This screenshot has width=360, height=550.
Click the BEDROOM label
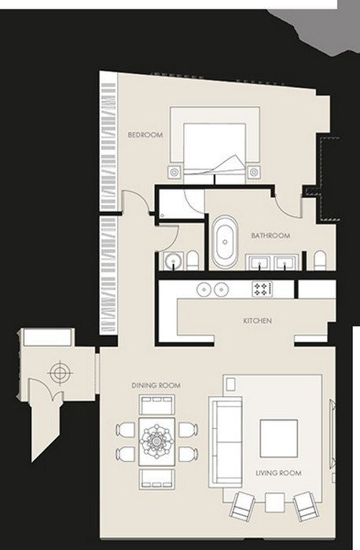tap(145, 134)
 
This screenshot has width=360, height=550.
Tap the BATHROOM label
tap(270, 236)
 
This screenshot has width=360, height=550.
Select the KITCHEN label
tap(258, 321)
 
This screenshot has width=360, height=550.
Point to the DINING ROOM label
tap(156, 386)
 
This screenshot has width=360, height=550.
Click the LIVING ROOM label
tap(278, 473)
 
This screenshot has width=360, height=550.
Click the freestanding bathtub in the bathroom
tap(225, 242)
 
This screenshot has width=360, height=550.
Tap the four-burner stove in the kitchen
tap(262, 289)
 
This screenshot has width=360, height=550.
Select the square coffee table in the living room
tap(278, 438)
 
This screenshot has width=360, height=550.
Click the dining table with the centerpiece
tap(156, 442)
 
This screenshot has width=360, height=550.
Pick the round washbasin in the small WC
tap(173, 261)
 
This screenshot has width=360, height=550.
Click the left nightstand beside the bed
tap(174, 172)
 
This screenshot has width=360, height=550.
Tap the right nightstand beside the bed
tap(253, 172)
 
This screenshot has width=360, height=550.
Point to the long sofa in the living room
tap(226, 442)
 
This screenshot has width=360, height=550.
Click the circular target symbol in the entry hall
tap(60, 372)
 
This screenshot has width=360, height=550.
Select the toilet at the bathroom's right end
tap(320, 260)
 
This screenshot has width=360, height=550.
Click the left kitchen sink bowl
tap(204, 289)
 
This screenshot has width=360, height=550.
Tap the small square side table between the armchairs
tap(275, 502)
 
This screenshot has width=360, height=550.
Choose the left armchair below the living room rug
tap(242, 505)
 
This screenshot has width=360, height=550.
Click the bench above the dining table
tap(156, 404)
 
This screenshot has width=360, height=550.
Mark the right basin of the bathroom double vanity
tap(285, 262)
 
